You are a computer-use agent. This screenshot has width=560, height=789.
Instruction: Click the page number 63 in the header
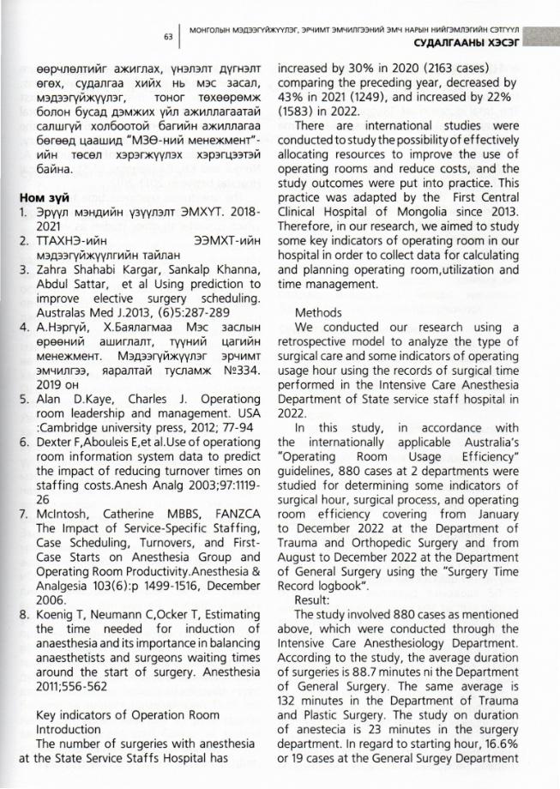tap(168, 37)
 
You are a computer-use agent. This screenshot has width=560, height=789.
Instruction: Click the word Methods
tap(318, 313)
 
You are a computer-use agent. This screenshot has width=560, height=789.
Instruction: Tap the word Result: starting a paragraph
tap(313, 624)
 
